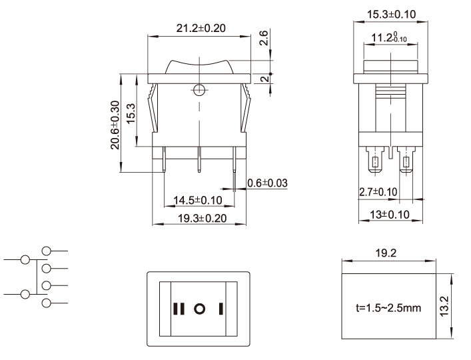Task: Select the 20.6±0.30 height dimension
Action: [116, 125]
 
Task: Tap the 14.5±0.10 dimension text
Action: [198, 200]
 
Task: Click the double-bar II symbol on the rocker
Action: [178, 309]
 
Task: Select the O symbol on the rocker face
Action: [199, 309]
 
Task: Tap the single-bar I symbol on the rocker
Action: [219, 309]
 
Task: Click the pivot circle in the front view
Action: [199, 89]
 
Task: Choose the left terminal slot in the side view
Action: [375, 163]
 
